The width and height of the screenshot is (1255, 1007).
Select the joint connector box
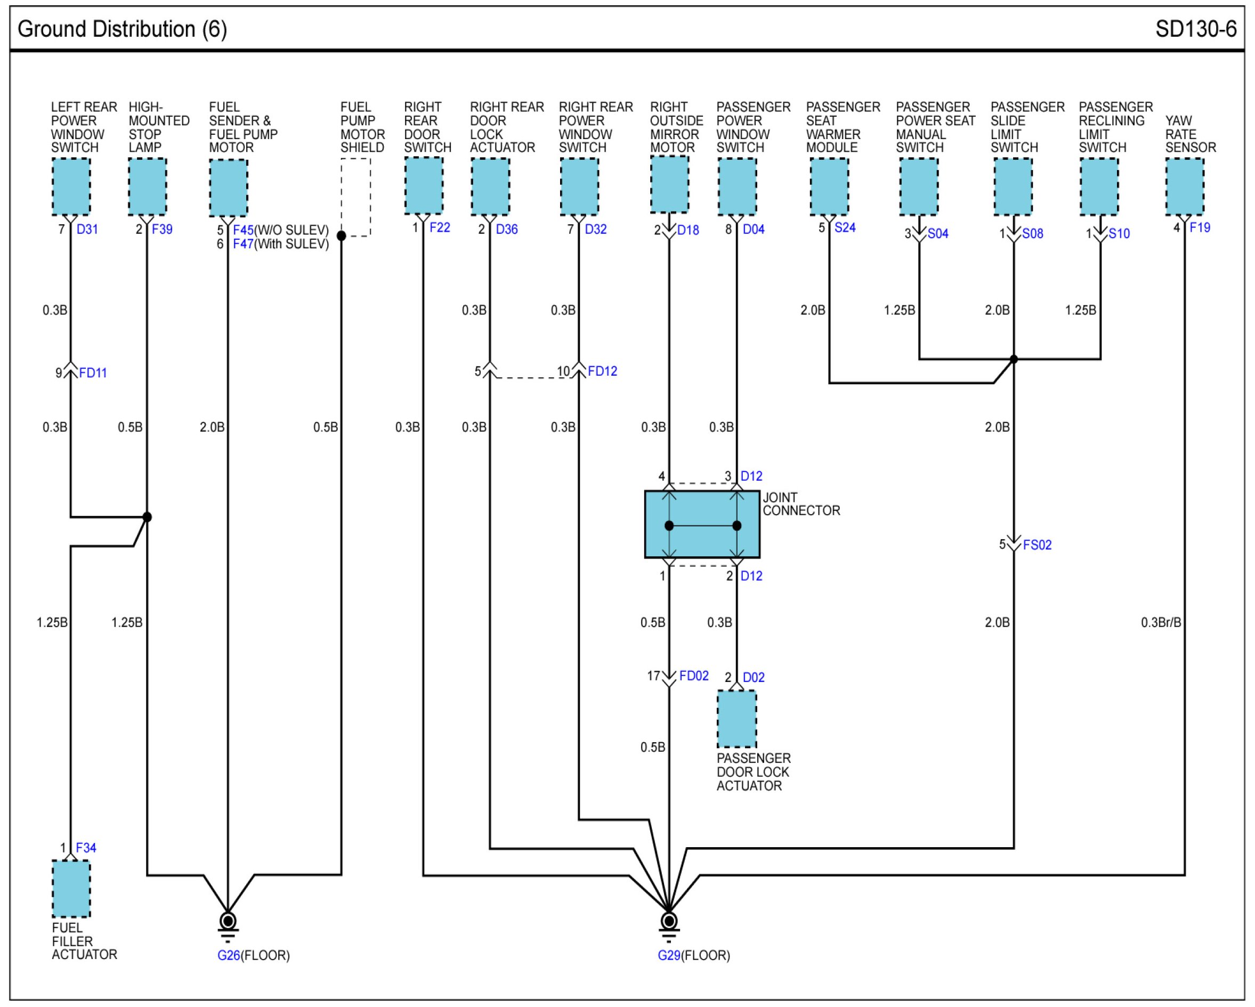pos(702,524)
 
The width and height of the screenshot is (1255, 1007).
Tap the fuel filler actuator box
pos(71,889)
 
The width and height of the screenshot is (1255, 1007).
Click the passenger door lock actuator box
pos(736,719)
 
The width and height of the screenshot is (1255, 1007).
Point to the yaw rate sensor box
pos(1185,187)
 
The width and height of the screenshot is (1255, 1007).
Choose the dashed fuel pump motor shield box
pos(355,197)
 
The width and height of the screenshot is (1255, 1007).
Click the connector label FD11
pos(93,373)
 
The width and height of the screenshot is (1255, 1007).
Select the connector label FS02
pos(1037,545)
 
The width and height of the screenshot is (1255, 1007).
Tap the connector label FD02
pos(694,676)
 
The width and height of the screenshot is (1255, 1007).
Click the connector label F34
pos(86,848)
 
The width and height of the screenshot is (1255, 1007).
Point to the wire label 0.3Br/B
pos(1161,623)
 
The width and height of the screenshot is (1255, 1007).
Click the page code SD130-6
pos(1196,29)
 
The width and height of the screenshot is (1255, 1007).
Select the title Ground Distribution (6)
pos(122,29)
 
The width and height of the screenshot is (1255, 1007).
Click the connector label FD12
pos(603,371)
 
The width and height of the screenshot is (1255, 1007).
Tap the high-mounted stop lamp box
pos(147,187)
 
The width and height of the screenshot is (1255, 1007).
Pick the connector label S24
pos(845,228)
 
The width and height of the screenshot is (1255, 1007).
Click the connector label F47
pos(244,244)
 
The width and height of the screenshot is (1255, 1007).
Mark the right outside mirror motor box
pos(669,184)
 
